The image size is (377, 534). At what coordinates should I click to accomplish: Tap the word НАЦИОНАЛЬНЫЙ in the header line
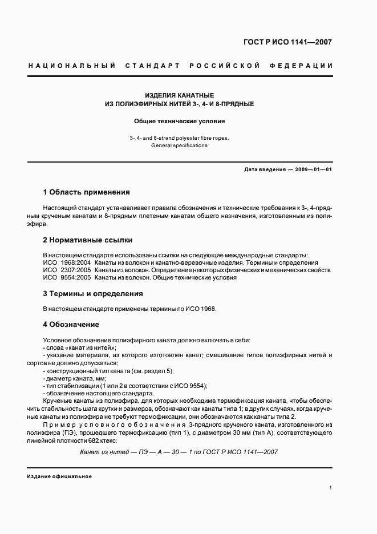68,66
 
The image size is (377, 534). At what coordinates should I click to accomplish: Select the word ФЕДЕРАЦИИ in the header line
307,66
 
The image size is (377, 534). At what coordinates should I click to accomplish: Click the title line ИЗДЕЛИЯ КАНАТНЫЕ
179,95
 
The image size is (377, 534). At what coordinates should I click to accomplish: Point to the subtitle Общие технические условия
179,121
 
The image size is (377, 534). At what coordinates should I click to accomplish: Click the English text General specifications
179,145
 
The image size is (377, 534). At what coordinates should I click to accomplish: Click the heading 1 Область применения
86,192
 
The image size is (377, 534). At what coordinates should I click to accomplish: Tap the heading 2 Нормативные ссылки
87,240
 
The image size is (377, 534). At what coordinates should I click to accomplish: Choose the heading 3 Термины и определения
92,293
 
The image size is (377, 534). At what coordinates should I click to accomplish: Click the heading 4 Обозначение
71,325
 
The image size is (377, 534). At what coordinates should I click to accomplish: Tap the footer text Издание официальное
59,476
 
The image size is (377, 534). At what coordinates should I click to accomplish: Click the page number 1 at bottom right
330,488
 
